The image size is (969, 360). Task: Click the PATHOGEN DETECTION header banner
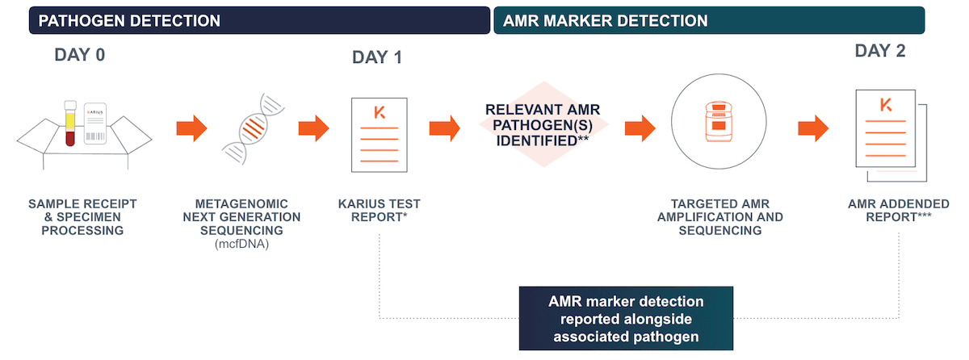pos(258,21)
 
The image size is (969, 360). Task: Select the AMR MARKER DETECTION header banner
pos(709,21)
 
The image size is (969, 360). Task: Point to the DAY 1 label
pos(376,57)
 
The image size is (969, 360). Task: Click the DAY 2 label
pos(880,51)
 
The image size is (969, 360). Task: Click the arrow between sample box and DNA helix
pos(191,128)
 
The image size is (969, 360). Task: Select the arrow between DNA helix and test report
pos(313,128)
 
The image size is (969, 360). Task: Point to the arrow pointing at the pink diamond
pos(444,128)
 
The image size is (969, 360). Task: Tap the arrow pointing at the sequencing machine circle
pos(640,128)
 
